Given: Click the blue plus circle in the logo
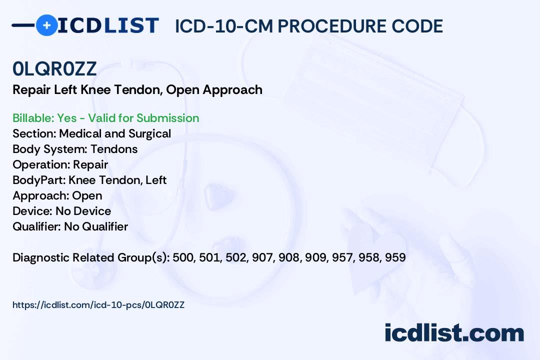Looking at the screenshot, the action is (46, 25).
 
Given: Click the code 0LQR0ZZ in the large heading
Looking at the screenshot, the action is (55, 69).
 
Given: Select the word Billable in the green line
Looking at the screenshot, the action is (33, 118).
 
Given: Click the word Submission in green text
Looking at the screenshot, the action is (167, 118).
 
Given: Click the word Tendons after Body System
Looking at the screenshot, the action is (114, 149).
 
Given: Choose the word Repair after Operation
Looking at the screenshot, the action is (90, 165).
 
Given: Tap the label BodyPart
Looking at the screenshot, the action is (39, 180).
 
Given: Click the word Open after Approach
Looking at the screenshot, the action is (87, 196).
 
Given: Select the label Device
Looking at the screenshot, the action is (32, 211).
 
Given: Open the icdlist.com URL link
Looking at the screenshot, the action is (98, 305).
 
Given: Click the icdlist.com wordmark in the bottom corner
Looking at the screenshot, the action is (454, 333).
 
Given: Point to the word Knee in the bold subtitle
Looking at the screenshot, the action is (95, 90).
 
